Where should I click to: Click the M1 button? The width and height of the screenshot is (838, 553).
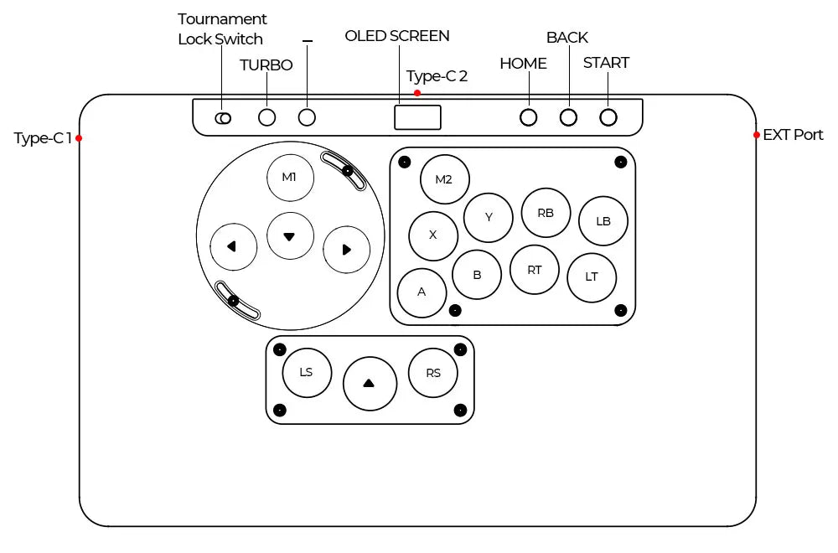289,178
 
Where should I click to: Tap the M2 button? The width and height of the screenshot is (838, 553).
444,179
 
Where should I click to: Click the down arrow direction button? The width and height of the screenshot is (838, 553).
290,236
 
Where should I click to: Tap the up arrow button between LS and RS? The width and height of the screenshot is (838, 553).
370,383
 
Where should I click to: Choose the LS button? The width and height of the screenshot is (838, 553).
307,371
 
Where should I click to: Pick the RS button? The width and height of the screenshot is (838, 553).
432,372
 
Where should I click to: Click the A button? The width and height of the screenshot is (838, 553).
422,292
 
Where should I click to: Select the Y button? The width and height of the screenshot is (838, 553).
489,217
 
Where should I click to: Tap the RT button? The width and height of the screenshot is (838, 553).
535,270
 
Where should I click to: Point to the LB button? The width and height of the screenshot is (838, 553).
603,221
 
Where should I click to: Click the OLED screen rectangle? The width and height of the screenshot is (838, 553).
417,117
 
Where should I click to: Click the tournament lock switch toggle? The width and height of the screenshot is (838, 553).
223,118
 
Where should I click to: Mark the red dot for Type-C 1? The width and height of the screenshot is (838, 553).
80,138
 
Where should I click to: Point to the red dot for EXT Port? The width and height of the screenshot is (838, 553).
757,135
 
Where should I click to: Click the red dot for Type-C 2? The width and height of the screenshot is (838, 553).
417,93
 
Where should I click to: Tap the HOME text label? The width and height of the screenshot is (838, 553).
523,64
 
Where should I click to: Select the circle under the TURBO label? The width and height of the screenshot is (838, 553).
267,117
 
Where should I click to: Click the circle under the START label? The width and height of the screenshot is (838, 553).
608,117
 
